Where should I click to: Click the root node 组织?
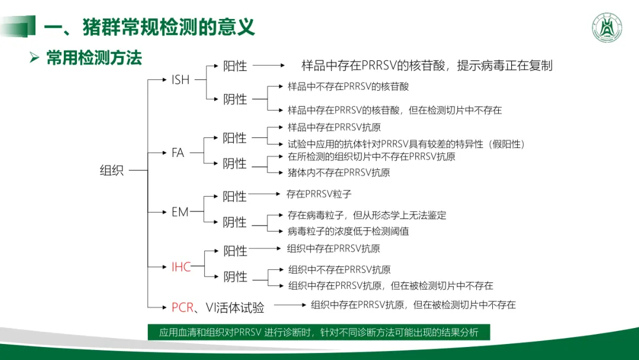tap(112, 171)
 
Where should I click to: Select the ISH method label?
tap(180, 79)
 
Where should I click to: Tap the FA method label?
tap(178, 153)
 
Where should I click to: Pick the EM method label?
tap(180, 211)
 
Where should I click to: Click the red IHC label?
tap(181, 267)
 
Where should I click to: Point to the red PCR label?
tap(182, 307)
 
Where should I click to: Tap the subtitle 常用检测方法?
tap(94, 58)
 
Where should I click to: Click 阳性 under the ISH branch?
tap(235, 66)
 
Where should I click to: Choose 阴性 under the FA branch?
tap(235, 163)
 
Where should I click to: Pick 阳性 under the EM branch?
tap(235, 196)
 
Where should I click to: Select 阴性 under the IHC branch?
tap(235, 277)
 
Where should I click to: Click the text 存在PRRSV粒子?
tap(319, 194)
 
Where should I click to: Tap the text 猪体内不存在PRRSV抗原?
tap(339, 173)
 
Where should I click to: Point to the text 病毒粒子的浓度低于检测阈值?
tap(348, 231)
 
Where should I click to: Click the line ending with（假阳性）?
tap(406, 144)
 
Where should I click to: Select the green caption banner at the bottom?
tap(319, 332)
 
